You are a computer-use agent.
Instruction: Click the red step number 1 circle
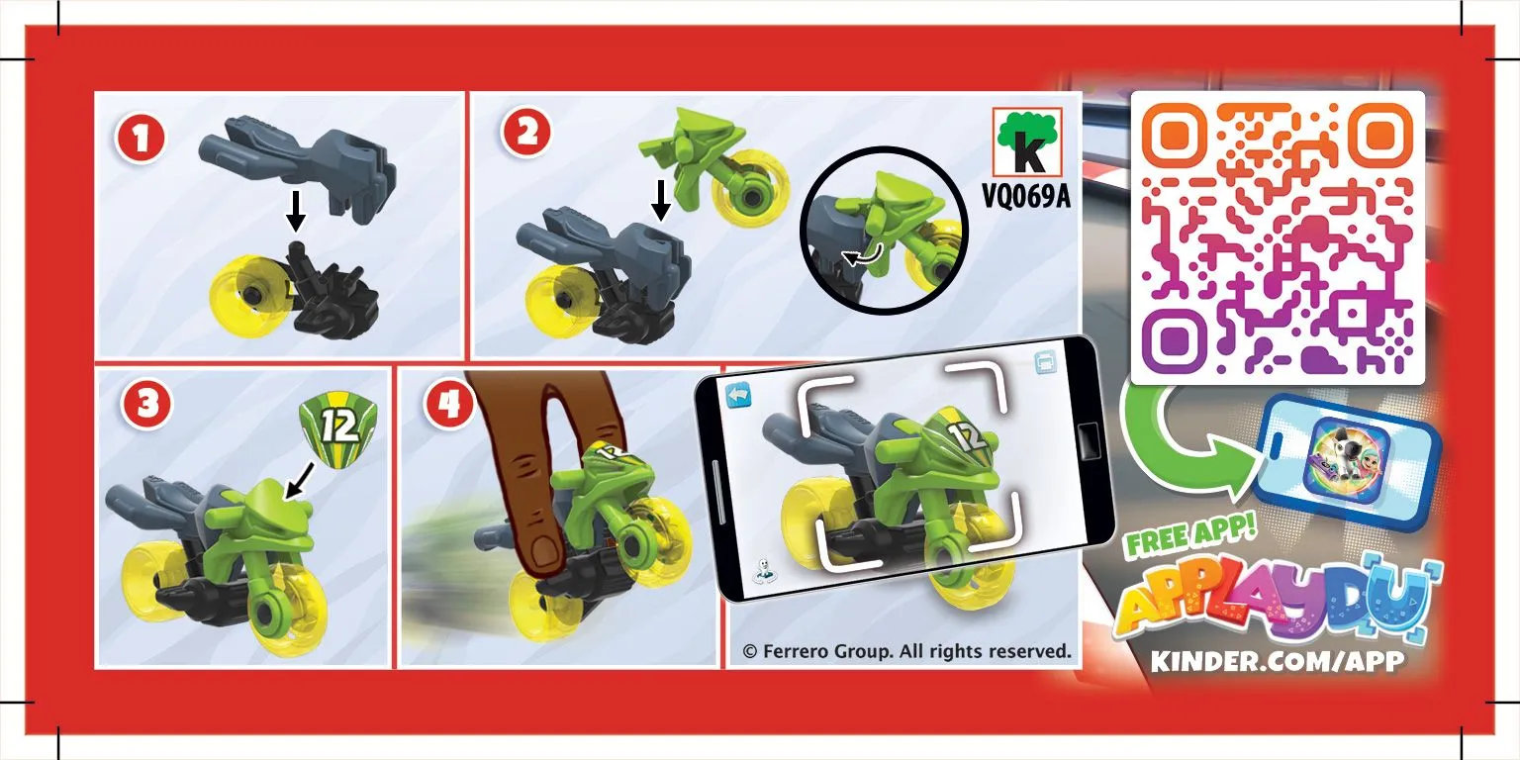click(x=141, y=139)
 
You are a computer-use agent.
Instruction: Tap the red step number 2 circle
click(x=526, y=132)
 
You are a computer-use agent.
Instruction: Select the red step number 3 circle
click(x=146, y=404)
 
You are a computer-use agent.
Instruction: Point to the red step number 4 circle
click(x=448, y=404)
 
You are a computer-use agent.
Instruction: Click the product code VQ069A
click(x=1026, y=196)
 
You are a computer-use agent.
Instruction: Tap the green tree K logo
click(x=1027, y=142)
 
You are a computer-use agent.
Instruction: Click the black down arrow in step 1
click(x=295, y=211)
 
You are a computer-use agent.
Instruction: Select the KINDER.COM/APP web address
click(x=1278, y=661)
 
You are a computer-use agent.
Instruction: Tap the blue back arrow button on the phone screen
click(x=738, y=395)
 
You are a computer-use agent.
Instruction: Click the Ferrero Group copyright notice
click(x=906, y=651)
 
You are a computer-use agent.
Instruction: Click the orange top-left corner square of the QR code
click(x=1174, y=135)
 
